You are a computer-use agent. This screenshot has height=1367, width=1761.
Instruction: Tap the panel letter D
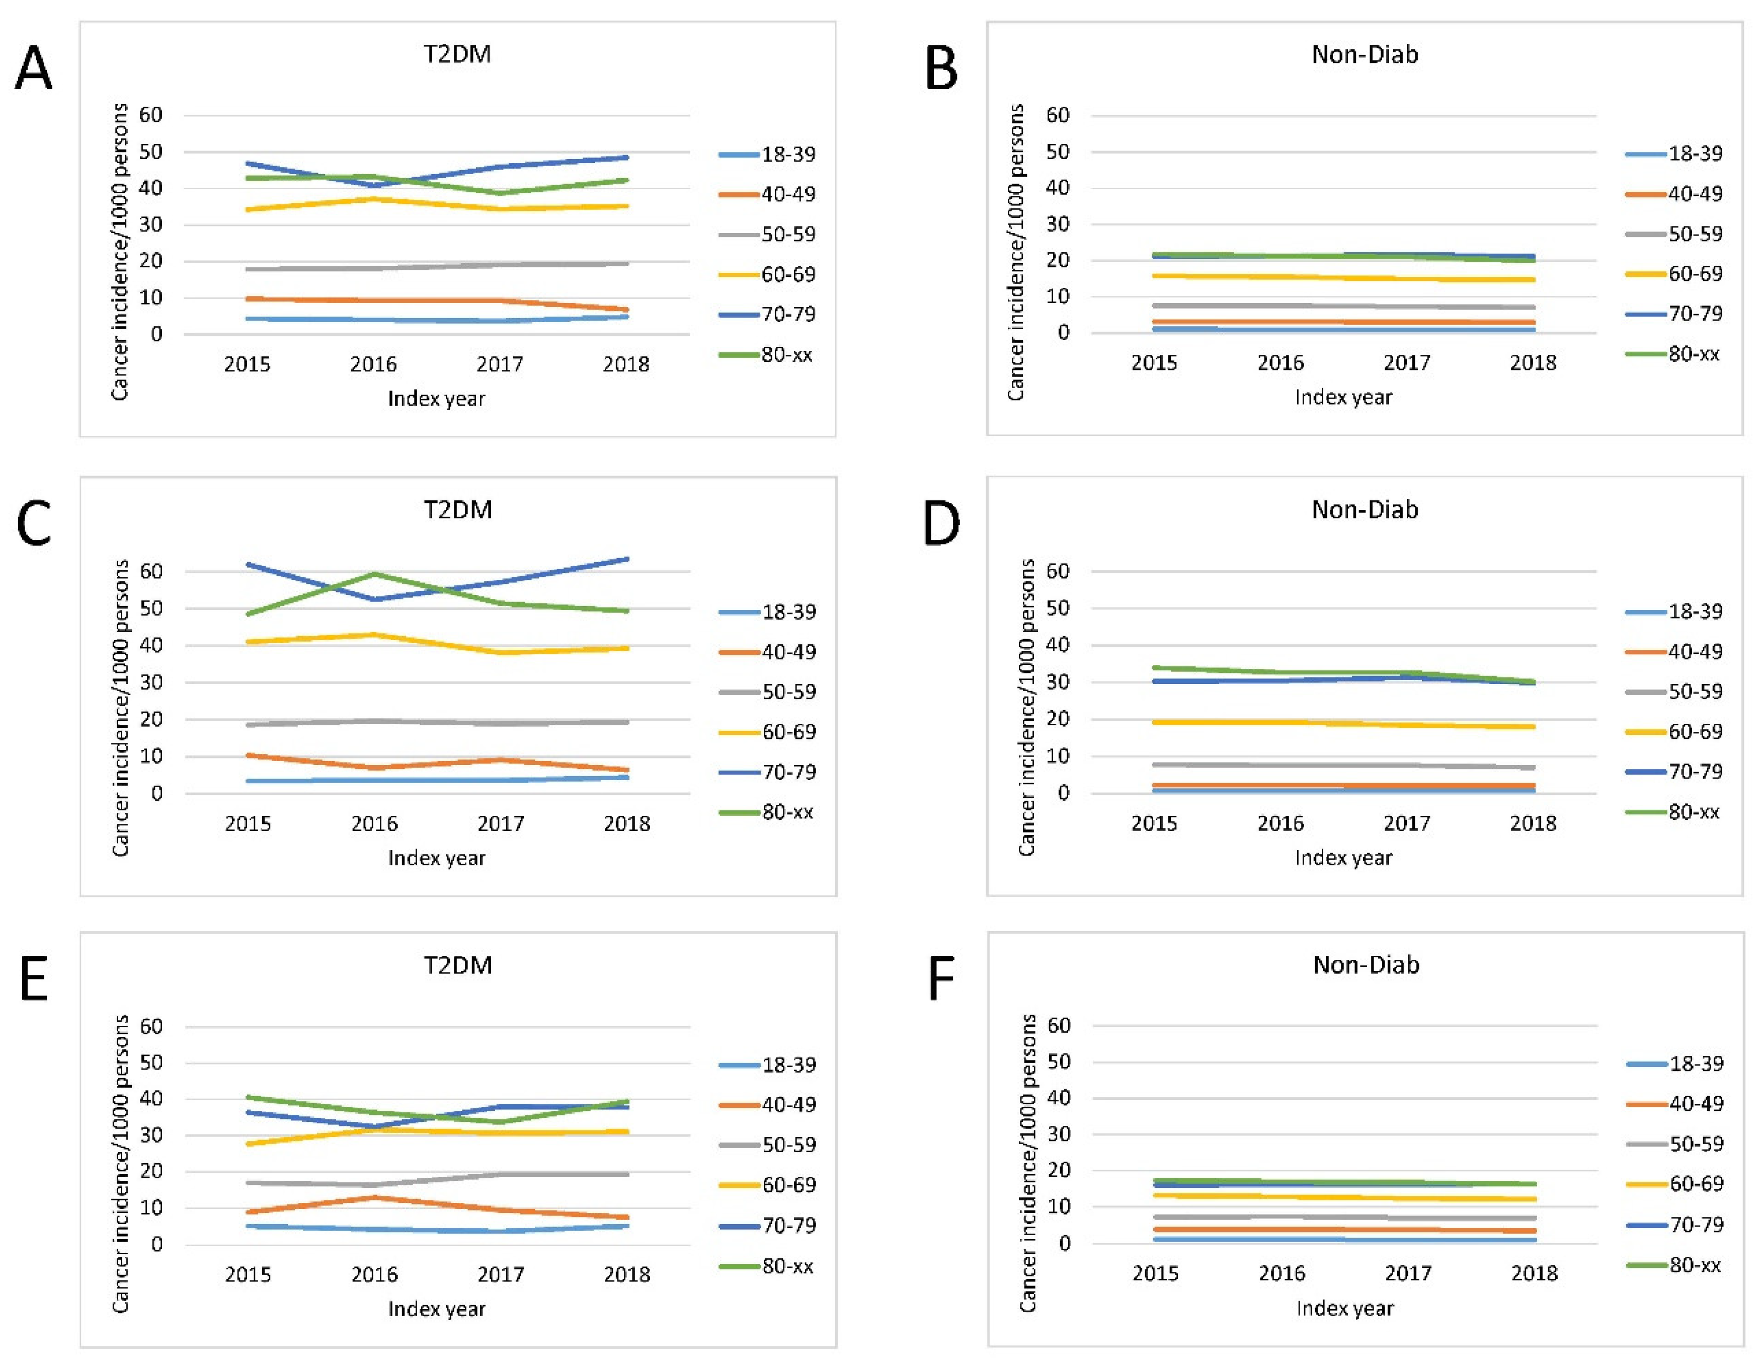[940, 524]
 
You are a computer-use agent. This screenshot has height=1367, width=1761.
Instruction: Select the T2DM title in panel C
[458, 510]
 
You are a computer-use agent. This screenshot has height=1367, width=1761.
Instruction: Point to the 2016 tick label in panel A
[373, 364]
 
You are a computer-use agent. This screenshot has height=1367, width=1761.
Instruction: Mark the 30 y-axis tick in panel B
[1058, 224]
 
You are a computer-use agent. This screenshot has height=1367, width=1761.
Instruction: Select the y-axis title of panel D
[1026, 707]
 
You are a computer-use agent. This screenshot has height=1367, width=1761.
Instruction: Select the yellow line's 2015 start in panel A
[248, 210]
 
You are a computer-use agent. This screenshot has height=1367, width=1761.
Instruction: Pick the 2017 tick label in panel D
[1407, 823]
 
